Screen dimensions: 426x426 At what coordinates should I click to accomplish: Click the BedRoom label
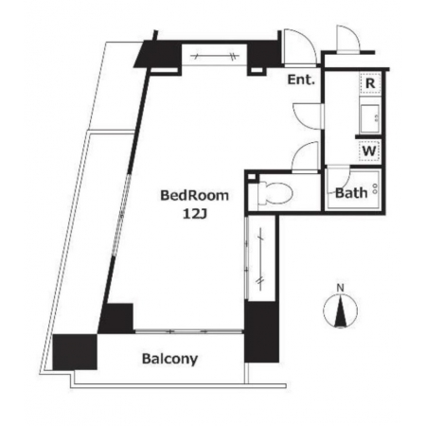pyautogui.click(x=194, y=196)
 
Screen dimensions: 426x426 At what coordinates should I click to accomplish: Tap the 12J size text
pyautogui.click(x=195, y=214)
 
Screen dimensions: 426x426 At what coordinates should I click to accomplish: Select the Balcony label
pyautogui.click(x=169, y=359)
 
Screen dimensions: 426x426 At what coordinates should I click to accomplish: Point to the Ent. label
pyautogui.click(x=301, y=80)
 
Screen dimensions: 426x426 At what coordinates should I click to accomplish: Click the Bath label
pyautogui.click(x=351, y=193)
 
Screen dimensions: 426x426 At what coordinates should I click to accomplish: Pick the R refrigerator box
pyautogui.click(x=370, y=83)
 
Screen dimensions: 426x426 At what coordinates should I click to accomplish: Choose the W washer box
pyautogui.click(x=369, y=151)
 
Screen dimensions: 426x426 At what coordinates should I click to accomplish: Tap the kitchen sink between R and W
pyautogui.click(x=370, y=117)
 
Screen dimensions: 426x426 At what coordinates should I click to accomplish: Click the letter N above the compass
pyautogui.click(x=340, y=288)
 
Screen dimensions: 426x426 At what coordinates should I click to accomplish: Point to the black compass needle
pyautogui.click(x=340, y=311)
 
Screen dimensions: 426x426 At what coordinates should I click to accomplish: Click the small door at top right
pyautogui.click(x=347, y=37)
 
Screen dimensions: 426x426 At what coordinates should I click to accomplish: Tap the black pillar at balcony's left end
pyautogui.click(x=75, y=351)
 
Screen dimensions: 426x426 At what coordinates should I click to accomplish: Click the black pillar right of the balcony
pyautogui.click(x=261, y=331)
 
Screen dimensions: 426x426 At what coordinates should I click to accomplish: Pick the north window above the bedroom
pyautogui.click(x=215, y=56)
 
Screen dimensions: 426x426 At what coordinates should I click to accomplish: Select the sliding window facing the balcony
pyautogui.click(x=188, y=331)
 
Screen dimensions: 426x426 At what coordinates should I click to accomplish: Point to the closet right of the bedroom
pyautogui.click(x=260, y=258)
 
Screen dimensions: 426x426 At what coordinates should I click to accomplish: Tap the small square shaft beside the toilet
pyautogui.click(x=251, y=177)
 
